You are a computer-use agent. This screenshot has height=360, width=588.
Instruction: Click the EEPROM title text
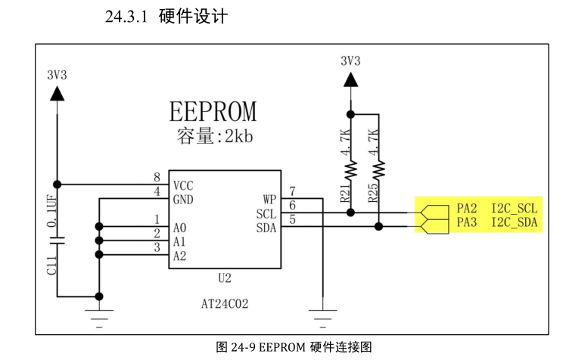tap(213, 111)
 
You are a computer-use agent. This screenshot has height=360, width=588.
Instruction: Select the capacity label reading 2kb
tap(213, 137)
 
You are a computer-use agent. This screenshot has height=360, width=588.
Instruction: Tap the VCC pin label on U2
tap(182, 185)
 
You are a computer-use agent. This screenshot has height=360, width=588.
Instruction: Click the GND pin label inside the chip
tap(182, 199)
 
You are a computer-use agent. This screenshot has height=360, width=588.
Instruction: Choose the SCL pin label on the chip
tap(266, 214)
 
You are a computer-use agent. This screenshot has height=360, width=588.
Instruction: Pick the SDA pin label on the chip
tap(266, 228)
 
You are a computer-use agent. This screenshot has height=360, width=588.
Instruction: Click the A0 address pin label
tap(179, 227)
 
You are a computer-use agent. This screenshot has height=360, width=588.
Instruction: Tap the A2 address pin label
tap(179, 256)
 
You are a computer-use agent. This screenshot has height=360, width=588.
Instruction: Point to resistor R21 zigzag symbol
tap(350, 173)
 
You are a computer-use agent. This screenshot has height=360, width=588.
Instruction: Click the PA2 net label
tap(466, 208)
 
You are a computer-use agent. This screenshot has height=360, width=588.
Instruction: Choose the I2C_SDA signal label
tap(515, 222)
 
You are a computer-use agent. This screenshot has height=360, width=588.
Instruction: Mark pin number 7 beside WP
tap(292, 191)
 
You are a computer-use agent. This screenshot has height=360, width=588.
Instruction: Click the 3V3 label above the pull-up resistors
tap(350, 61)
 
